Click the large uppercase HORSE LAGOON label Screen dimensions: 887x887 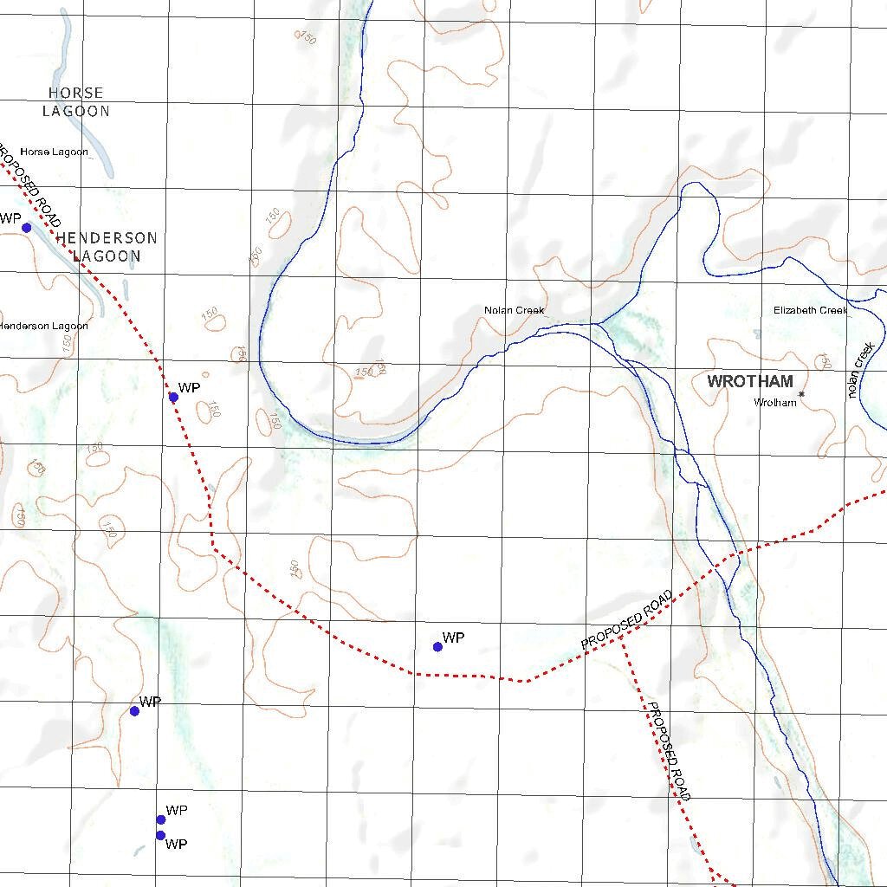click(76, 101)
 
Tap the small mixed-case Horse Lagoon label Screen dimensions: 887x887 click(54, 152)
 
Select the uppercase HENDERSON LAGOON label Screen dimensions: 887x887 click(106, 247)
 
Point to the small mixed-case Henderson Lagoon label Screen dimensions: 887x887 click(43, 326)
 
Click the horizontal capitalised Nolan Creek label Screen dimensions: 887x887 click(514, 310)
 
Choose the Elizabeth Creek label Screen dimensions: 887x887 click(810, 310)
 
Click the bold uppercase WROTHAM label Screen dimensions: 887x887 click(750, 381)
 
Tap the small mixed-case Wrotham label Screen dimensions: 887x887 click(774, 403)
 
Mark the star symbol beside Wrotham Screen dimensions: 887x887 click(802, 395)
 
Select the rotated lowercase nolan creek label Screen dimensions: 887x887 click(862, 370)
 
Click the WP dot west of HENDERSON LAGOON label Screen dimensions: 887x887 click(26, 228)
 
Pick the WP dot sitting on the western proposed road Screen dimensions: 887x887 click(173, 397)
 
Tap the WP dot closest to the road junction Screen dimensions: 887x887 click(437, 646)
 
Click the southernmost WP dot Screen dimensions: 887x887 click(160, 835)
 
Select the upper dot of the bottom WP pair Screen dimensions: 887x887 click(160, 819)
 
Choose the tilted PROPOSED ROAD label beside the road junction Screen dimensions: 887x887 click(627, 620)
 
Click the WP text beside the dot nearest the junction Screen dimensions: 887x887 click(453, 638)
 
